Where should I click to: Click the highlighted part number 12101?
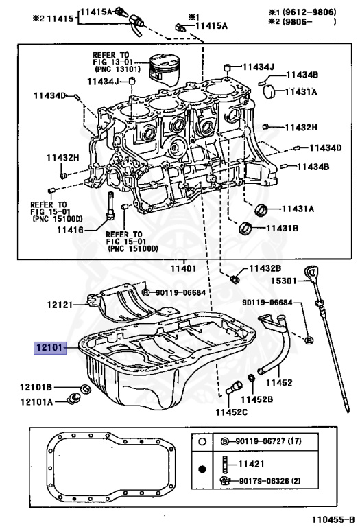[51, 348]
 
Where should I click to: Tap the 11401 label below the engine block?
[184, 268]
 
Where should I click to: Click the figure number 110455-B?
[332, 520]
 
